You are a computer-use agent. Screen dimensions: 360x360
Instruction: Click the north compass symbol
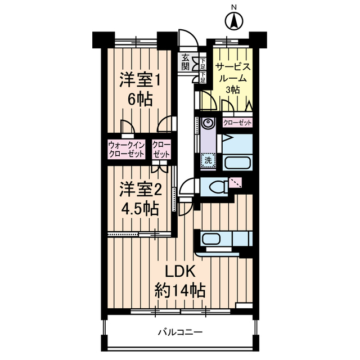[x=233, y=21]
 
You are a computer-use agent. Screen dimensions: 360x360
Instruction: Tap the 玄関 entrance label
[x=185, y=62]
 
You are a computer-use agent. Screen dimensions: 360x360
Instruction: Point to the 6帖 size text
[x=139, y=100]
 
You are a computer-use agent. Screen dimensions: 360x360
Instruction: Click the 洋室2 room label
[x=137, y=190]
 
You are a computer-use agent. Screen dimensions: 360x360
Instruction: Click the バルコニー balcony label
[x=179, y=332]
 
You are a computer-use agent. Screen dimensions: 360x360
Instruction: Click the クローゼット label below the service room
[x=237, y=122]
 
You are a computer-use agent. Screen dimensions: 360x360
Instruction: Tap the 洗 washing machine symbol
[x=208, y=160]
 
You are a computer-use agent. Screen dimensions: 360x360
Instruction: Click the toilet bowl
[x=215, y=185]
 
